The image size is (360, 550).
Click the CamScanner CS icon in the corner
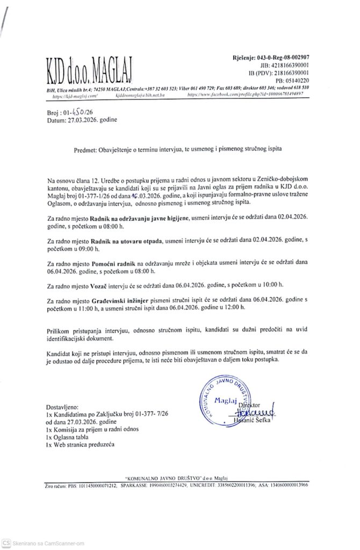pyautogui.click(x=6, y=544)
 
